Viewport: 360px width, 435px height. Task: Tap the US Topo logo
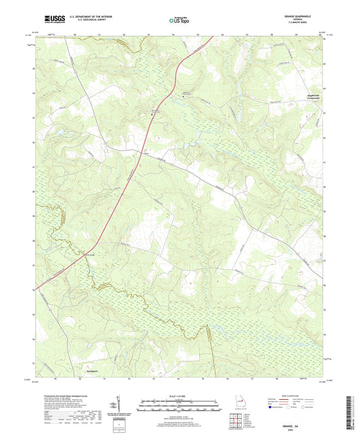179,22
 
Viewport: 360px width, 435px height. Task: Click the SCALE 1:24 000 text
179,395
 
